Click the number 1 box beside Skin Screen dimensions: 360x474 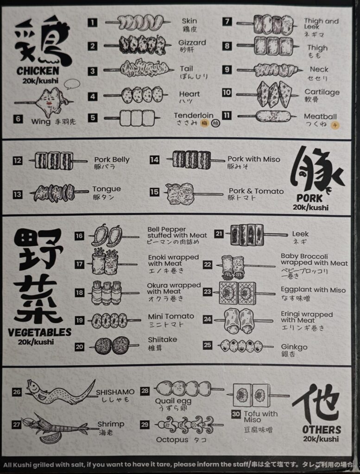pos(92,22)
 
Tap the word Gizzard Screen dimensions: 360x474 pos(192,43)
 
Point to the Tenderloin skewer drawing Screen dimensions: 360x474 pos(133,118)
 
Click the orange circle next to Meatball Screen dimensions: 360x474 pos(335,125)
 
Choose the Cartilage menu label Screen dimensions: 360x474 pos(322,92)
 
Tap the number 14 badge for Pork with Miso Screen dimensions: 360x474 pos(154,160)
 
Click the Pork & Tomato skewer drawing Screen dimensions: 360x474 pos(194,193)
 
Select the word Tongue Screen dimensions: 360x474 pos(107,189)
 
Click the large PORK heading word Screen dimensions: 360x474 pos(309,198)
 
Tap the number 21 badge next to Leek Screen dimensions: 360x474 pos(219,233)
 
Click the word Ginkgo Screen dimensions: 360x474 pos(294,347)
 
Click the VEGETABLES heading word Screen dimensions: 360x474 pos(40,332)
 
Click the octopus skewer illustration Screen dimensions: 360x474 pos(189,425)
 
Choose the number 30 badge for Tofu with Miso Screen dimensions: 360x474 pos(236,414)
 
